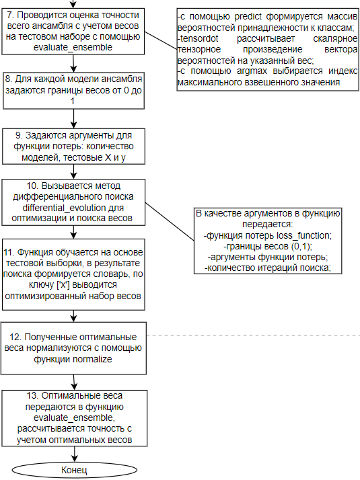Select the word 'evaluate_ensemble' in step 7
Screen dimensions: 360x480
pos(73,48)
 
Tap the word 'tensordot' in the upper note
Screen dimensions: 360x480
pos(199,38)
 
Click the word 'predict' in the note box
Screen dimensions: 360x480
pos(248,17)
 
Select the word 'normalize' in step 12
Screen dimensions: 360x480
pos(93,359)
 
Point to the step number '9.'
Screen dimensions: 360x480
pos(20,135)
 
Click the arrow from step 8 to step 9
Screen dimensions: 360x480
pos(73,118)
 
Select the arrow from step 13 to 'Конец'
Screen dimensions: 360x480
pos(75,454)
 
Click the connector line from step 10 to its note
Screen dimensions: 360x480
pos(170,222)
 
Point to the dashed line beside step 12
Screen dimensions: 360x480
pos(254,335)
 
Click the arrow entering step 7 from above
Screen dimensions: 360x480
pos(73,4)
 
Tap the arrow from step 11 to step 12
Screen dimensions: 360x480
pos(73,316)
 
